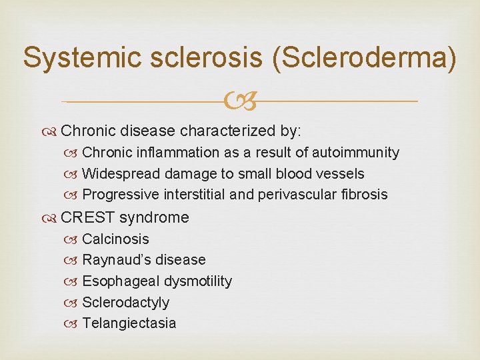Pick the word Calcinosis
pyautogui.click(x=115, y=239)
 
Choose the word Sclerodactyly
pyautogui.click(x=125, y=303)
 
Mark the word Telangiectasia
pyautogui.click(x=129, y=324)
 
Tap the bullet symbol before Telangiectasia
pyautogui.click(x=73, y=324)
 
